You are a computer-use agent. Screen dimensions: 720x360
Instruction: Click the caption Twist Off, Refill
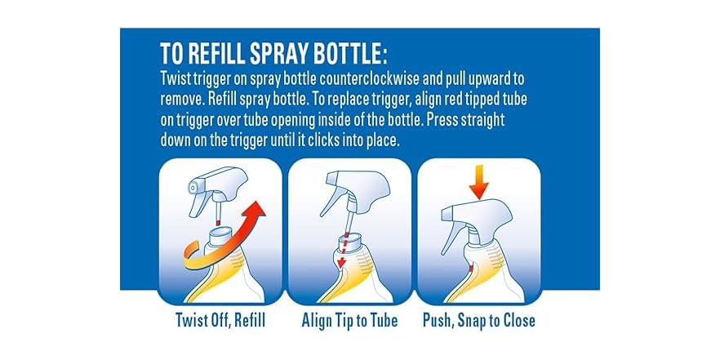point(220,320)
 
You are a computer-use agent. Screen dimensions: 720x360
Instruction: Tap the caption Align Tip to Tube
point(349,321)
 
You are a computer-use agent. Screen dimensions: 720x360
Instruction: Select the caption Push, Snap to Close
point(479,321)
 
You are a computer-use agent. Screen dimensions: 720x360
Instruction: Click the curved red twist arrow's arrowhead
point(255,209)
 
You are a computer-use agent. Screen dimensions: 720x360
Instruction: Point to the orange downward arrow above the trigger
point(479,182)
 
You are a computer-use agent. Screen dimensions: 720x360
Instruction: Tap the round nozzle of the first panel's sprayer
point(193,187)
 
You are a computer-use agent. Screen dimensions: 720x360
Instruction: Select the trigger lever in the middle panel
point(331,202)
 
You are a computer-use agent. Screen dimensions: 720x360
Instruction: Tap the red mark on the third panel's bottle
point(471,267)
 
